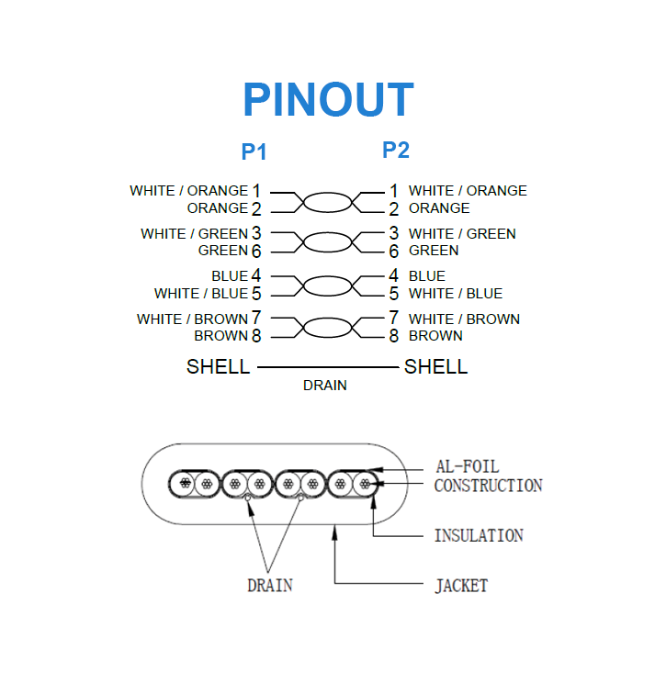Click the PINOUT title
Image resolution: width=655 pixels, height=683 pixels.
click(x=328, y=99)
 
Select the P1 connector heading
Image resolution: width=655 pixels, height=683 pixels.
click(x=254, y=151)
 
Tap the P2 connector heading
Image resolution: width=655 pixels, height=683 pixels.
click(x=396, y=150)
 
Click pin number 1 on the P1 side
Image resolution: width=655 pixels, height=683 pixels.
click(x=256, y=191)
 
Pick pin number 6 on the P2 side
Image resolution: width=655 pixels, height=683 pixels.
click(x=393, y=251)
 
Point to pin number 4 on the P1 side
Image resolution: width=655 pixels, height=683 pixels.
click(x=256, y=275)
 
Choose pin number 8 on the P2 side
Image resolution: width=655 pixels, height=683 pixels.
click(x=393, y=336)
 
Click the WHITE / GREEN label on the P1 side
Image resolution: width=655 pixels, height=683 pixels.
click(x=194, y=233)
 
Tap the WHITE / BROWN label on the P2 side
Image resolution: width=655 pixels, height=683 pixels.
click(x=464, y=319)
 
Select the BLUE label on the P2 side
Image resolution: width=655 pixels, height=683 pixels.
click(x=427, y=275)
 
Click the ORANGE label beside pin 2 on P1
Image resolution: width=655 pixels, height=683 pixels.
click(x=218, y=208)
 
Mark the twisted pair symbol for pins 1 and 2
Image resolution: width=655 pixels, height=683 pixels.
click(x=326, y=200)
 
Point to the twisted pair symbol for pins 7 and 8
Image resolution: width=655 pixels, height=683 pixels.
click(x=326, y=328)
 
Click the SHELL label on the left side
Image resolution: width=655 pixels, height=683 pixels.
click(x=218, y=367)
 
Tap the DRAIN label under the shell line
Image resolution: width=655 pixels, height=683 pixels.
click(x=325, y=386)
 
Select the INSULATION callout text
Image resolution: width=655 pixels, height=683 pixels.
click(x=479, y=535)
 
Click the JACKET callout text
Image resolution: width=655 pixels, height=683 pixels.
click(x=461, y=585)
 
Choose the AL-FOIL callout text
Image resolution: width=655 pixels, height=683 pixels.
click(x=467, y=467)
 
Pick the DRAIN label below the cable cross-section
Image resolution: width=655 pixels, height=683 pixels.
click(x=270, y=585)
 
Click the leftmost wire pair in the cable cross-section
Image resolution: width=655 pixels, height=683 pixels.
click(x=194, y=483)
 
